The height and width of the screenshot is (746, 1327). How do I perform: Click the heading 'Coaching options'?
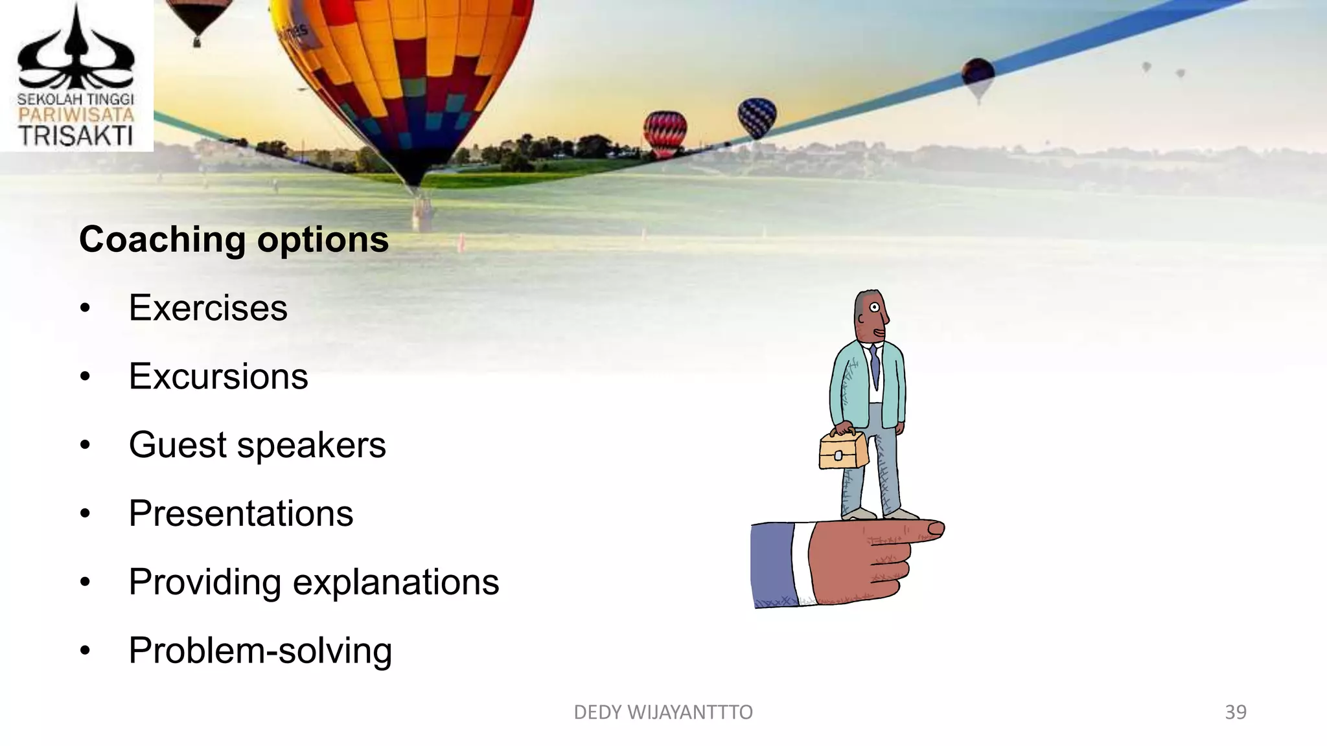click(234, 240)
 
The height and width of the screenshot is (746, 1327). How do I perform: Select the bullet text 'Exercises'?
click(208, 308)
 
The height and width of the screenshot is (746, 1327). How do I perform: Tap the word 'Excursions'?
click(218, 376)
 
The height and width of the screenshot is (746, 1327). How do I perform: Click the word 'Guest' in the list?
click(178, 445)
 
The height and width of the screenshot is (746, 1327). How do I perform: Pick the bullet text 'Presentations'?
click(241, 514)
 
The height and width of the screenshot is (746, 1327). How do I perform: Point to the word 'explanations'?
click(396, 582)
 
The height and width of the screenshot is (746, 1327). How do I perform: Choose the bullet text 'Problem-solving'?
click(260, 651)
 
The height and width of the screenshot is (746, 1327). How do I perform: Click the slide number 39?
click(1236, 712)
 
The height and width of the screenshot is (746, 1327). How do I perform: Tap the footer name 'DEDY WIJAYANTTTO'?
click(663, 712)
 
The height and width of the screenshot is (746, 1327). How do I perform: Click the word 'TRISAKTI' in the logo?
click(76, 136)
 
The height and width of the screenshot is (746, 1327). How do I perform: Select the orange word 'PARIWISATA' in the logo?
click(76, 115)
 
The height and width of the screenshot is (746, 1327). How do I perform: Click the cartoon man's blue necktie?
click(875, 366)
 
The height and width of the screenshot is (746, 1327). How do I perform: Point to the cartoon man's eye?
click(874, 308)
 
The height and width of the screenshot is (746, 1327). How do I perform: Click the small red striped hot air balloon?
click(665, 133)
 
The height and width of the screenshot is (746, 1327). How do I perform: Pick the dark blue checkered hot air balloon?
click(757, 117)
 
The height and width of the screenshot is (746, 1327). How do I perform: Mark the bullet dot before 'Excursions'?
click(85, 377)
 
